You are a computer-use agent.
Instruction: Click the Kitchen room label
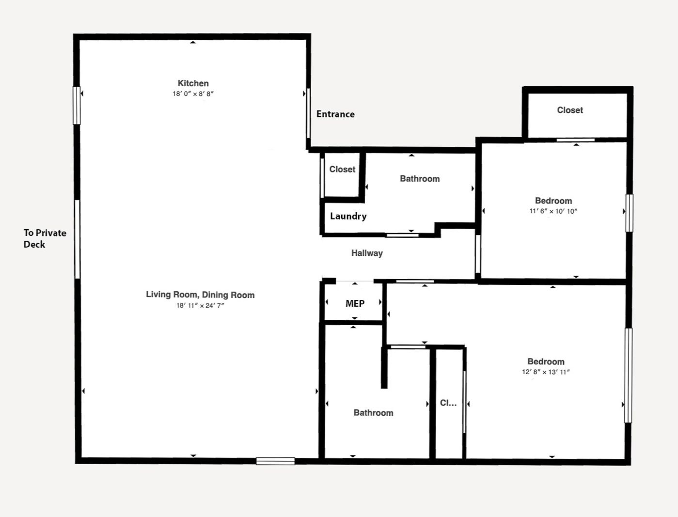[193, 83]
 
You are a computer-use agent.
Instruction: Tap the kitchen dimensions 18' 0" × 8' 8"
[193, 94]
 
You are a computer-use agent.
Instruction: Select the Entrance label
[335, 114]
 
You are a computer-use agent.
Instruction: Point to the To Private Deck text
[45, 238]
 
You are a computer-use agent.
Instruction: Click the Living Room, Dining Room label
[200, 295]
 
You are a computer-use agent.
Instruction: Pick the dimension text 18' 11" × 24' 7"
[200, 305]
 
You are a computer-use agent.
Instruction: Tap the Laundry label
[348, 216]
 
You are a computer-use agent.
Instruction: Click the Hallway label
[367, 253]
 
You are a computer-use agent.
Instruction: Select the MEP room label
[355, 304]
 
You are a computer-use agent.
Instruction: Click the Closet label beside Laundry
[342, 169]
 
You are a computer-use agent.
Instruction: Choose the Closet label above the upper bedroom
[570, 110]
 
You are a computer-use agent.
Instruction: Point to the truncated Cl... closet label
[448, 403]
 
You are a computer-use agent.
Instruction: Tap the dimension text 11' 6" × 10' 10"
[553, 211]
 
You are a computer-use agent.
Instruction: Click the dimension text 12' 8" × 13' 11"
[546, 372]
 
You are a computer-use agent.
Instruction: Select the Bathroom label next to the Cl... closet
[374, 413]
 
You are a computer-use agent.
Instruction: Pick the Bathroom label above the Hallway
[420, 179]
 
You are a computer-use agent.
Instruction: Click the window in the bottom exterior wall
[276, 461]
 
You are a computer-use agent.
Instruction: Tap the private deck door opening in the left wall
[77, 239]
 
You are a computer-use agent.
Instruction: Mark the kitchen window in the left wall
[77, 106]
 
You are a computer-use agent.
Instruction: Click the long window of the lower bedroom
[628, 375]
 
